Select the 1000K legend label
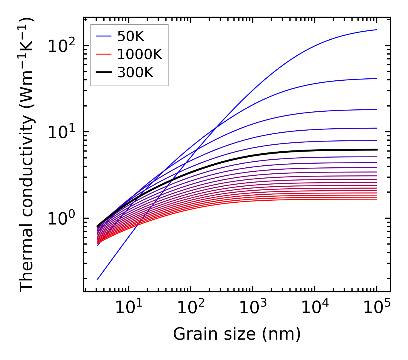pos(140,54)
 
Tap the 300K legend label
pos(135,73)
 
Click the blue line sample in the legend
pos(103,36)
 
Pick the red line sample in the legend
pos(103,54)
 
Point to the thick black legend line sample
pos(103,73)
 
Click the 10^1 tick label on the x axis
pos(128,308)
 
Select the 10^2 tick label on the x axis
pos(190,308)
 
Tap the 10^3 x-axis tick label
pos(252,308)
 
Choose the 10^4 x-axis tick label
pos(314,308)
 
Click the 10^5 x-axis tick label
pos(376,308)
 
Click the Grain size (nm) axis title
pos(237,334)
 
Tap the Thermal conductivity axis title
pos(28,154)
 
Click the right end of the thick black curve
pos(377,150)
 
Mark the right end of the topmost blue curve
pos(377,30)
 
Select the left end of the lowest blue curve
pos(98,279)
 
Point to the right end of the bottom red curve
pos(377,199)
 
